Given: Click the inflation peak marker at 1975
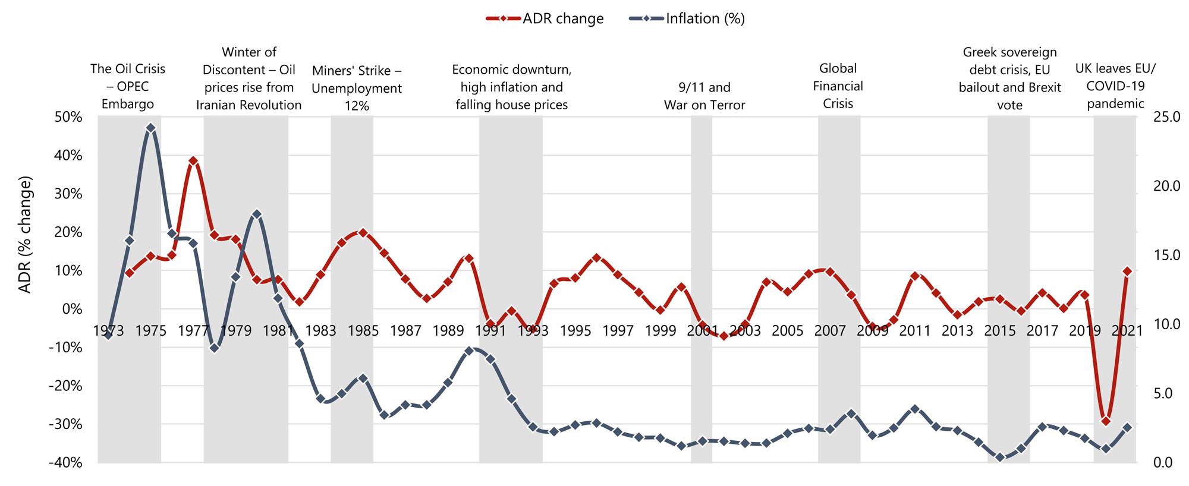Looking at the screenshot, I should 150,128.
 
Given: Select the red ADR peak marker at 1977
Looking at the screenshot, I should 193,161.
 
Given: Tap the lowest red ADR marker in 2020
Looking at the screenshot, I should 1106,421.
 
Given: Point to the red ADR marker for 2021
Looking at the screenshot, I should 1127,271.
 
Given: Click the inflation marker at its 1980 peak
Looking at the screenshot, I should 257,214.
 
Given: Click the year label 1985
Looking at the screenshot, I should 363,331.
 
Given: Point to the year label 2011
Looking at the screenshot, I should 915,331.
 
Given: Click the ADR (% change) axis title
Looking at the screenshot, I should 25,235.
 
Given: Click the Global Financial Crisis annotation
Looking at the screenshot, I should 838,86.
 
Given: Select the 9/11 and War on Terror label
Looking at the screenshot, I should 704,96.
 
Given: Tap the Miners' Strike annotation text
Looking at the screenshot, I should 357,88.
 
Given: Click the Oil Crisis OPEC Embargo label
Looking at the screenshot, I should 128,86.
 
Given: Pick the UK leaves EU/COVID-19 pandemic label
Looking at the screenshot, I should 1115,86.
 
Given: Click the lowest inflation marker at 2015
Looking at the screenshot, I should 1000,457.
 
